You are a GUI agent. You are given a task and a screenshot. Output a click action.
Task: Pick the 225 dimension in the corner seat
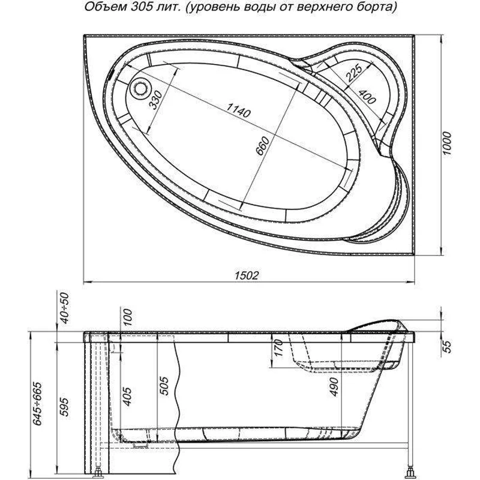coord(354,73)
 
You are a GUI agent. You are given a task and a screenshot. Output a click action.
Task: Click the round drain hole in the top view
coord(142,88)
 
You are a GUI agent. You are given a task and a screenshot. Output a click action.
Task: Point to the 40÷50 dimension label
coord(65,308)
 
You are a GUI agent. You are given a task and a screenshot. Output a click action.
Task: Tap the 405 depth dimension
coord(127,396)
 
